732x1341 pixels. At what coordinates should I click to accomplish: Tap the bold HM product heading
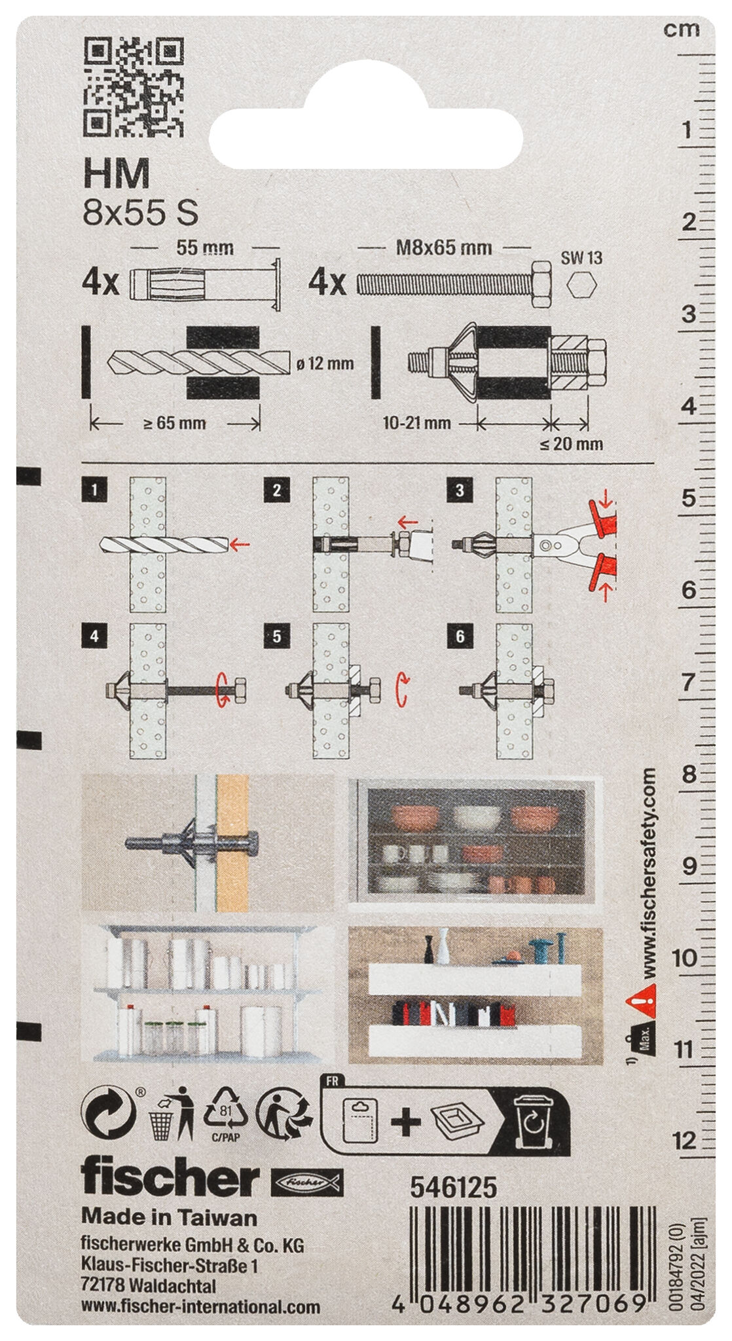[x=116, y=175]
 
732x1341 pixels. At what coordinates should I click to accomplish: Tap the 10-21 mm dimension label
[x=416, y=423]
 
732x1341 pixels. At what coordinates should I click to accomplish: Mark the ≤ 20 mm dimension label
[x=571, y=444]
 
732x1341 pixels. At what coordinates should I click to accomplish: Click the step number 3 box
[x=460, y=490]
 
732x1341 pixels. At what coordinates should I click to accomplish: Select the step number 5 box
[x=277, y=637]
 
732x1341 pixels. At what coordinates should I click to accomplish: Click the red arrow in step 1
[x=242, y=543]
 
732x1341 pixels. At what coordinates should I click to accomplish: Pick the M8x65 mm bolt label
[x=446, y=248]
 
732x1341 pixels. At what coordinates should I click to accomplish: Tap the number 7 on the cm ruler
[x=687, y=682]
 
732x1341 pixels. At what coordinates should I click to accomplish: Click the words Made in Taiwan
[x=169, y=1217]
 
